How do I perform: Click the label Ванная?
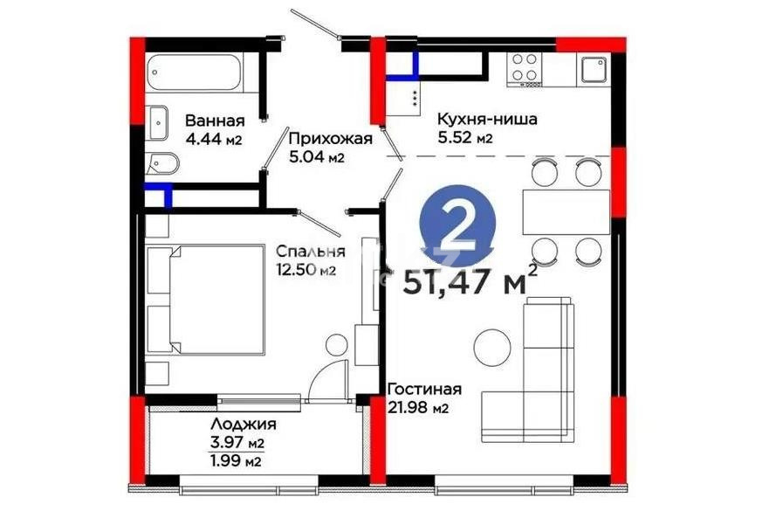coord(214,121)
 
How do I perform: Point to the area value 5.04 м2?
coord(316,158)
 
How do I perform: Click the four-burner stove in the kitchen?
coord(525,68)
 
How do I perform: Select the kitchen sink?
coord(595,69)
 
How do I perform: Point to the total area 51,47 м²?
coord(469,282)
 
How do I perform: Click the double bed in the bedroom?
coord(207,299)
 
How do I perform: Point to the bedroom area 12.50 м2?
coord(305,270)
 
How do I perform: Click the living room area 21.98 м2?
coord(417,408)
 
